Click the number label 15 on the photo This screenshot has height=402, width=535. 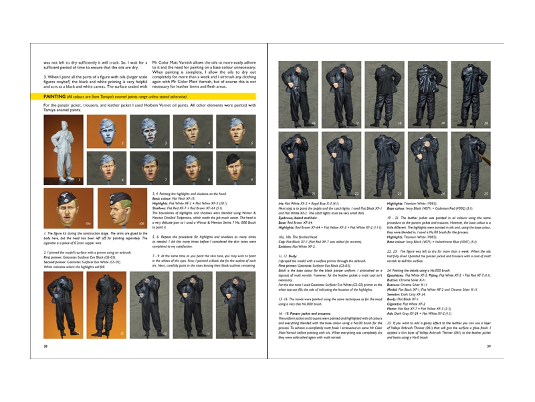click(x=251, y=333)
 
